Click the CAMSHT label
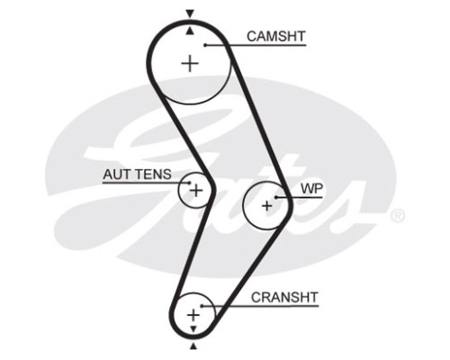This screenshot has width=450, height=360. (276, 37)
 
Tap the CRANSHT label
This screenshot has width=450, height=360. (284, 298)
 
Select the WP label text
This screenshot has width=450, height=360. (312, 189)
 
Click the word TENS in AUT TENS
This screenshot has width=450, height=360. (152, 175)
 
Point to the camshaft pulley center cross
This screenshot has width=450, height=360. (190, 63)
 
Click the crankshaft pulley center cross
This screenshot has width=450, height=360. (193, 315)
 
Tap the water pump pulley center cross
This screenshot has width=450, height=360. (266, 206)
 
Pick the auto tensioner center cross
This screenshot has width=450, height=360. (196, 191)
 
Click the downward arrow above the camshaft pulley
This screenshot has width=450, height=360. (190, 13)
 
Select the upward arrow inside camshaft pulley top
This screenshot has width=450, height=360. (189, 31)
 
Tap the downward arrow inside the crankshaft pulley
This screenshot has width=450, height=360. (193, 328)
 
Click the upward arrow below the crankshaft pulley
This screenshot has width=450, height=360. (193, 346)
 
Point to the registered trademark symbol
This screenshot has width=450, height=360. (398, 216)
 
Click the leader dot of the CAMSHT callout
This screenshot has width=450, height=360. (205, 45)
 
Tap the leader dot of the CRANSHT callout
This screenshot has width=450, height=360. (202, 306)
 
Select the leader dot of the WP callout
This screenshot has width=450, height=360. (276, 197)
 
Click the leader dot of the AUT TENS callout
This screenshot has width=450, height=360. (189, 183)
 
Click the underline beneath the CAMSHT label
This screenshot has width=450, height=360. (256, 45)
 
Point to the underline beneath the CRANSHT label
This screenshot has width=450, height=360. (260, 306)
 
